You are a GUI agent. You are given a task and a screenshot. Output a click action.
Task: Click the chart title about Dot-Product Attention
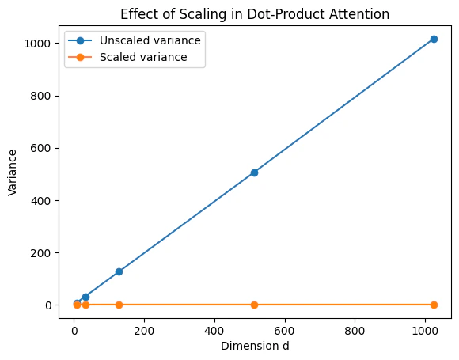255,13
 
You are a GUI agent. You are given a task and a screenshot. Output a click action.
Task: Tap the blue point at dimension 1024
434,39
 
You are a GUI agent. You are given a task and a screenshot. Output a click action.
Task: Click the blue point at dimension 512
254,172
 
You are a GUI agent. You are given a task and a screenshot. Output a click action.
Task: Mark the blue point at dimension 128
119,271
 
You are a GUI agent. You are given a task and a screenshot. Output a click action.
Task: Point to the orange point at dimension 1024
434,305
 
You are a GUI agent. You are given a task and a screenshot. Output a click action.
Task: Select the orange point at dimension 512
254,305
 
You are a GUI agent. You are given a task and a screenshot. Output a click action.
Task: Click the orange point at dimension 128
119,305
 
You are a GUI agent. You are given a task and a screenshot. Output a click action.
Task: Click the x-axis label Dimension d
255,345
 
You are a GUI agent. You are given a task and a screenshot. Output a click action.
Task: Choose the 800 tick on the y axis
44,96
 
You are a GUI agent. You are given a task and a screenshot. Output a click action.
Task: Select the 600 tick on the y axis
44,148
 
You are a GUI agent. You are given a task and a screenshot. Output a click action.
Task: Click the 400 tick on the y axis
44,200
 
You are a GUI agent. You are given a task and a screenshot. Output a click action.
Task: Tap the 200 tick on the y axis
44,252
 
